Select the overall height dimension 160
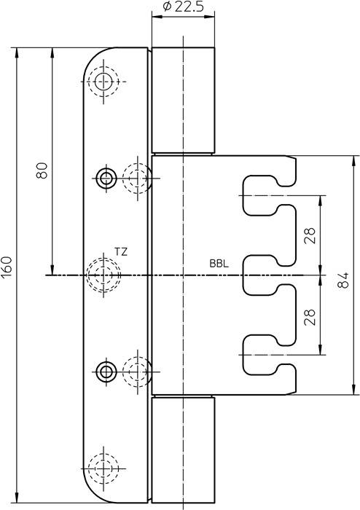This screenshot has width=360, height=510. [7, 267]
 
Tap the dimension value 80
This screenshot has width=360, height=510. [42, 170]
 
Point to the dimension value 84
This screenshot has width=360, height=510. [345, 275]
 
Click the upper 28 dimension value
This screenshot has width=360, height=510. [310, 235]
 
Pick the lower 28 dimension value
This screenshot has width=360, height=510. [310, 315]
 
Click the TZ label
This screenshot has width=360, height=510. [121, 252]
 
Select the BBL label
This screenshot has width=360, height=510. [219, 264]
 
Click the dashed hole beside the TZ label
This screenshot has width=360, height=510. [102, 275]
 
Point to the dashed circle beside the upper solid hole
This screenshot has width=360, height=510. [136, 176]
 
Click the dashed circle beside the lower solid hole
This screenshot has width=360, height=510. [136, 372]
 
